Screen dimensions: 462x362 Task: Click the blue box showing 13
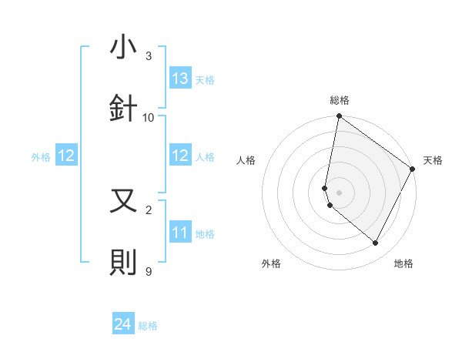pos(180,79)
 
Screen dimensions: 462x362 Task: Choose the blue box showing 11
pos(180,233)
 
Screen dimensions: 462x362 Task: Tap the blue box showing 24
pos(123,324)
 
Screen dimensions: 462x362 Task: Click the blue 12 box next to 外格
pos(66,156)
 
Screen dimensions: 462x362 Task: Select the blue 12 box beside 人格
pos(180,156)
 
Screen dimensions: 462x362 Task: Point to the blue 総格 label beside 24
pos(148,326)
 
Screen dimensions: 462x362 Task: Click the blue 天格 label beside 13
pos(205,80)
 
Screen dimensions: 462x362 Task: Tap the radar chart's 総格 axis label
pos(339,100)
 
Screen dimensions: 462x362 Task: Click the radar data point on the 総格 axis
pos(339,117)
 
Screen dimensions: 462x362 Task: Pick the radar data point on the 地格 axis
pos(376,243)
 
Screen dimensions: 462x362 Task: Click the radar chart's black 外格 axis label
pos(271,263)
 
